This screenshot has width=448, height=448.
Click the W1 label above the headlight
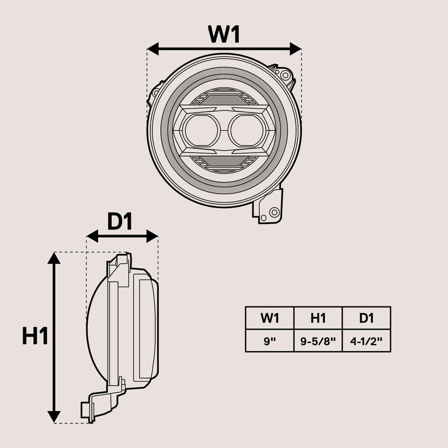224,34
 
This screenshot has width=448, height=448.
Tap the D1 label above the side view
120,223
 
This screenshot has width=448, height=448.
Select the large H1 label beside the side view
35,336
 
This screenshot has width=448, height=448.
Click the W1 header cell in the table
270,318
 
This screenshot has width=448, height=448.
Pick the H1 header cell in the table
318,318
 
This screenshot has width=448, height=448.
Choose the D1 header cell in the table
366,318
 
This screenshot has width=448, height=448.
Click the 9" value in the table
270,341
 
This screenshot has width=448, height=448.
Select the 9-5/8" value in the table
318,341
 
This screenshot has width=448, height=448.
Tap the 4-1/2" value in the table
366,341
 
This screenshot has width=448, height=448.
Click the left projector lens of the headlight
201,130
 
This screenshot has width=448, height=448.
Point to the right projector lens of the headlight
247,130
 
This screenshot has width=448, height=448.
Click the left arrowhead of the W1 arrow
153,49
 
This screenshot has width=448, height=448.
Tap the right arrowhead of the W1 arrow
296,49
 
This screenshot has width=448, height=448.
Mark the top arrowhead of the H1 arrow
55,258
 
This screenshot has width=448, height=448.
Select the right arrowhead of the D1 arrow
153,236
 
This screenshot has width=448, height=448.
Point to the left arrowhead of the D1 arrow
92,236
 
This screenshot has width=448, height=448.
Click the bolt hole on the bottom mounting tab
274,212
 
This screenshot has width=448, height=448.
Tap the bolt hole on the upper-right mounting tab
286,75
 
